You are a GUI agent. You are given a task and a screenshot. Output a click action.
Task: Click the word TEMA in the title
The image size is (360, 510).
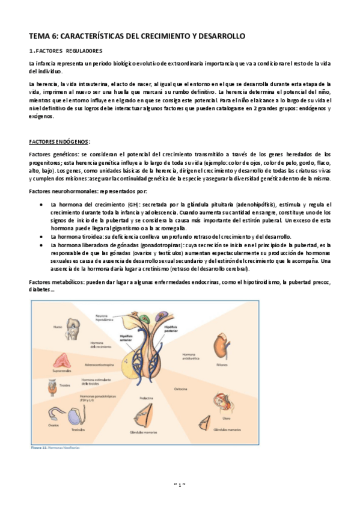click(x=40, y=37)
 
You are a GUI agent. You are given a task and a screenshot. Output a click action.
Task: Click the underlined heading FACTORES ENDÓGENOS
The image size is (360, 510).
click(x=59, y=142)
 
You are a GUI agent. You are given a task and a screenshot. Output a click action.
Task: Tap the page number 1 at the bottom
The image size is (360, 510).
click(x=180, y=484)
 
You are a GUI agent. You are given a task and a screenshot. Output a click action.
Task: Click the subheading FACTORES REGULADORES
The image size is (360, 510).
click(x=67, y=51)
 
